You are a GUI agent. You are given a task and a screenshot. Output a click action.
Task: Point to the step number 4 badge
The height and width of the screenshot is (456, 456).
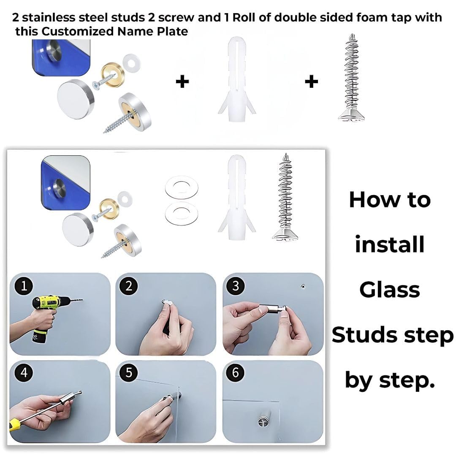24,372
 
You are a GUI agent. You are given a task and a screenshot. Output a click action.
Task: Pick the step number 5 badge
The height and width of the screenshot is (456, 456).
128,372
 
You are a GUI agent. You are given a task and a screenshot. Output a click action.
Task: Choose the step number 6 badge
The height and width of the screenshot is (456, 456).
236,372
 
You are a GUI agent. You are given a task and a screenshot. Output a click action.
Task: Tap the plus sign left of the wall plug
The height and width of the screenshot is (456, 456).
182,81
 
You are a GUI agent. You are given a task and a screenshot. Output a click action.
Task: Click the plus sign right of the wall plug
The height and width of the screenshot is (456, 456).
311,81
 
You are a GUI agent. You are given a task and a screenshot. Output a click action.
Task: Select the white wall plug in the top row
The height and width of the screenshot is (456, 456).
237,79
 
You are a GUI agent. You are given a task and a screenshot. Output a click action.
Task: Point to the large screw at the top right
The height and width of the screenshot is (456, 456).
352,78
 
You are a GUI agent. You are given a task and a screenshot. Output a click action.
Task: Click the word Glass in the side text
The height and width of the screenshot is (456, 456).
389,290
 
